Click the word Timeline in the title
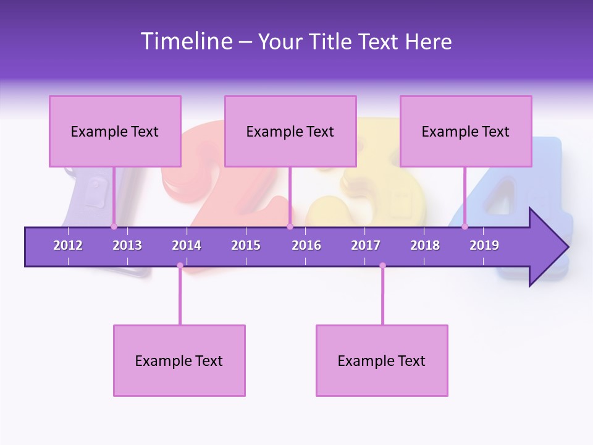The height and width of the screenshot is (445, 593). (185, 41)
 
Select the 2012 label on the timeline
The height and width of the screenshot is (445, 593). (68, 245)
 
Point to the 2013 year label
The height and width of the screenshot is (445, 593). (127, 245)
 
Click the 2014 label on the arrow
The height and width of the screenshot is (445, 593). (187, 245)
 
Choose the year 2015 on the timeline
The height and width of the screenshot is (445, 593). (246, 245)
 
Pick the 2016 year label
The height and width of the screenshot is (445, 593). (306, 245)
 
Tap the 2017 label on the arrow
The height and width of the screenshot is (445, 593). (366, 245)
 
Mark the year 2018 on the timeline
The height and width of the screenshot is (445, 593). (425, 245)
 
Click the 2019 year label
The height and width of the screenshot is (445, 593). (484, 245)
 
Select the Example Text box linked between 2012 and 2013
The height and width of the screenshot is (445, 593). (115, 131)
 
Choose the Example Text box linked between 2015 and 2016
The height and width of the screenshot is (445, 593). (290, 131)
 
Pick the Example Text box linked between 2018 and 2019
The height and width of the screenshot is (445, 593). (466, 131)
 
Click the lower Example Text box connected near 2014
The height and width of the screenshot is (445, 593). (179, 360)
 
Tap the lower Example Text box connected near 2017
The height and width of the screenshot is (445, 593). (382, 360)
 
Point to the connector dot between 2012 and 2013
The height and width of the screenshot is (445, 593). (114, 226)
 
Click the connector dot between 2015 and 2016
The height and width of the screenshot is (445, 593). (290, 226)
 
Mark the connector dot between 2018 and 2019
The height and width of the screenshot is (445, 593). (465, 226)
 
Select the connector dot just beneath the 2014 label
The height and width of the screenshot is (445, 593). (180, 266)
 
